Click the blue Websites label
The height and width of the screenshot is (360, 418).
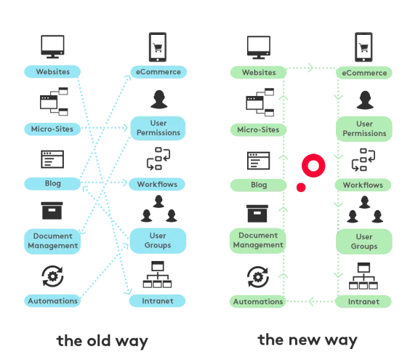[x=52, y=72]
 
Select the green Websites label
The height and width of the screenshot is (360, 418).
[x=258, y=73]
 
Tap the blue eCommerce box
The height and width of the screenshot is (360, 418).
[x=158, y=72]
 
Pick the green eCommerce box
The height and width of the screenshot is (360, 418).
[x=363, y=73]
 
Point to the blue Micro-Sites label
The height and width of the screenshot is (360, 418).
[x=52, y=129]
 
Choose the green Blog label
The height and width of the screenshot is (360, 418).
[x=258, y=185]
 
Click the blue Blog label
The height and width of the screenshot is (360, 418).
[x=52, y=184]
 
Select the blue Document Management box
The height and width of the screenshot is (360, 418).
[x=52, y=241]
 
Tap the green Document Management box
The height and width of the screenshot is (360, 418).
[x=258, y=241]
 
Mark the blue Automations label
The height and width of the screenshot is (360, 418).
[x=52, y=300]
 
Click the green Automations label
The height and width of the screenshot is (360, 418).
[x=258, y=301]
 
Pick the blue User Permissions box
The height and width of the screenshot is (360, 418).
[x=158, y=129]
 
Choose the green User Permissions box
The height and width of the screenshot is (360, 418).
[x=363, y=129]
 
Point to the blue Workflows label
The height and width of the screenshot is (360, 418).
[x=158, y=184]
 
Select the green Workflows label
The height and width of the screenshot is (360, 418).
[x=363, y=185]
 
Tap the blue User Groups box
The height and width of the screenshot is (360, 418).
[x=158, y=241]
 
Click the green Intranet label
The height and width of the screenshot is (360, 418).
[x=363, y=301]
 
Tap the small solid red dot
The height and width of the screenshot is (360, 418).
[x=301, y=188]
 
